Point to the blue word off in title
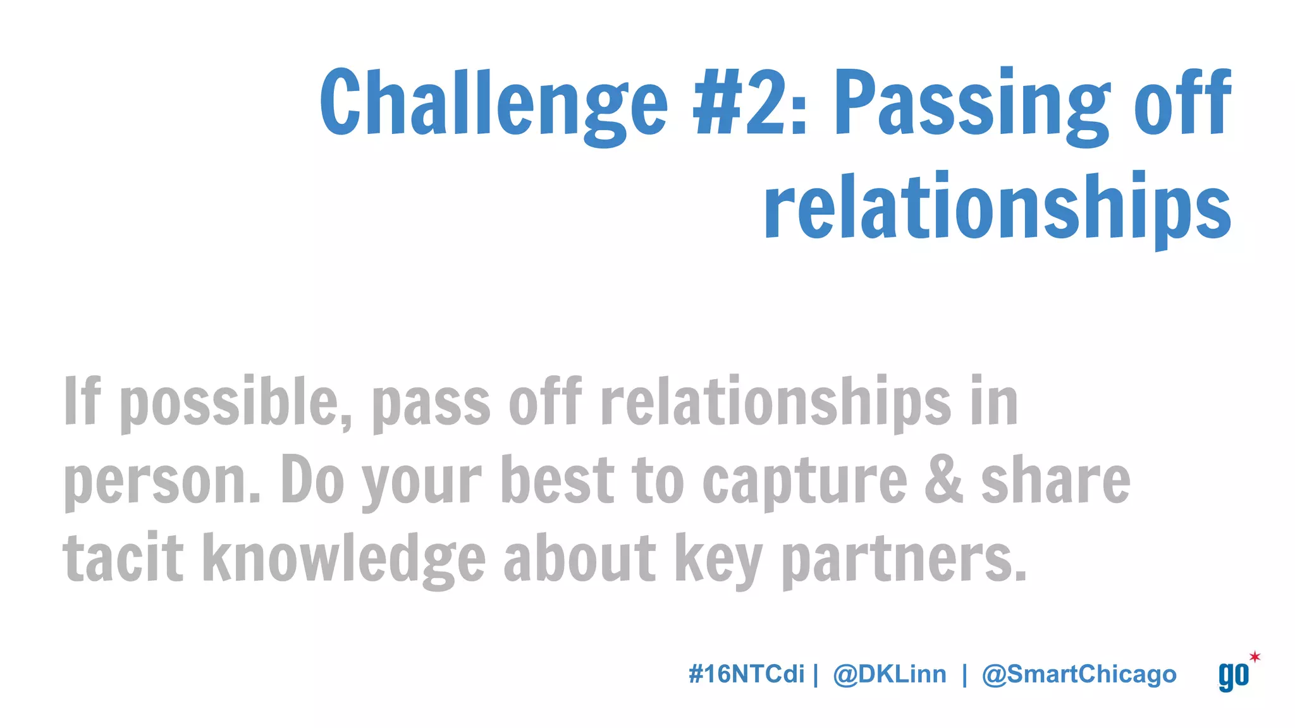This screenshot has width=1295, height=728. click(x=1182, y=102)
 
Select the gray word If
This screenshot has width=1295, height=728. click(x=82, y=401)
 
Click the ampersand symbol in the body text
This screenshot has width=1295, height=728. click(x=943, y=480)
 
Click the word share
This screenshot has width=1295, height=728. click(x=1055, y=480)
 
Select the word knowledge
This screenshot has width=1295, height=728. click(x=344, y=559)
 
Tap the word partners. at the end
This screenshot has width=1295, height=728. click(x=904, y=560)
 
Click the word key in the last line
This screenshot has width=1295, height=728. click(x=718, y=560)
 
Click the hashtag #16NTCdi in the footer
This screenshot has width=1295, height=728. click(x=746, y=674)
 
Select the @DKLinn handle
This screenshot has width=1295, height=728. click(x=890, y=674)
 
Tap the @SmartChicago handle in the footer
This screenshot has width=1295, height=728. click(x=1079, y=674)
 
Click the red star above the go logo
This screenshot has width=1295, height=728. click(x=1255, y=657)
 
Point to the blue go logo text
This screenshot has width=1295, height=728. click(x=1233, y=676)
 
